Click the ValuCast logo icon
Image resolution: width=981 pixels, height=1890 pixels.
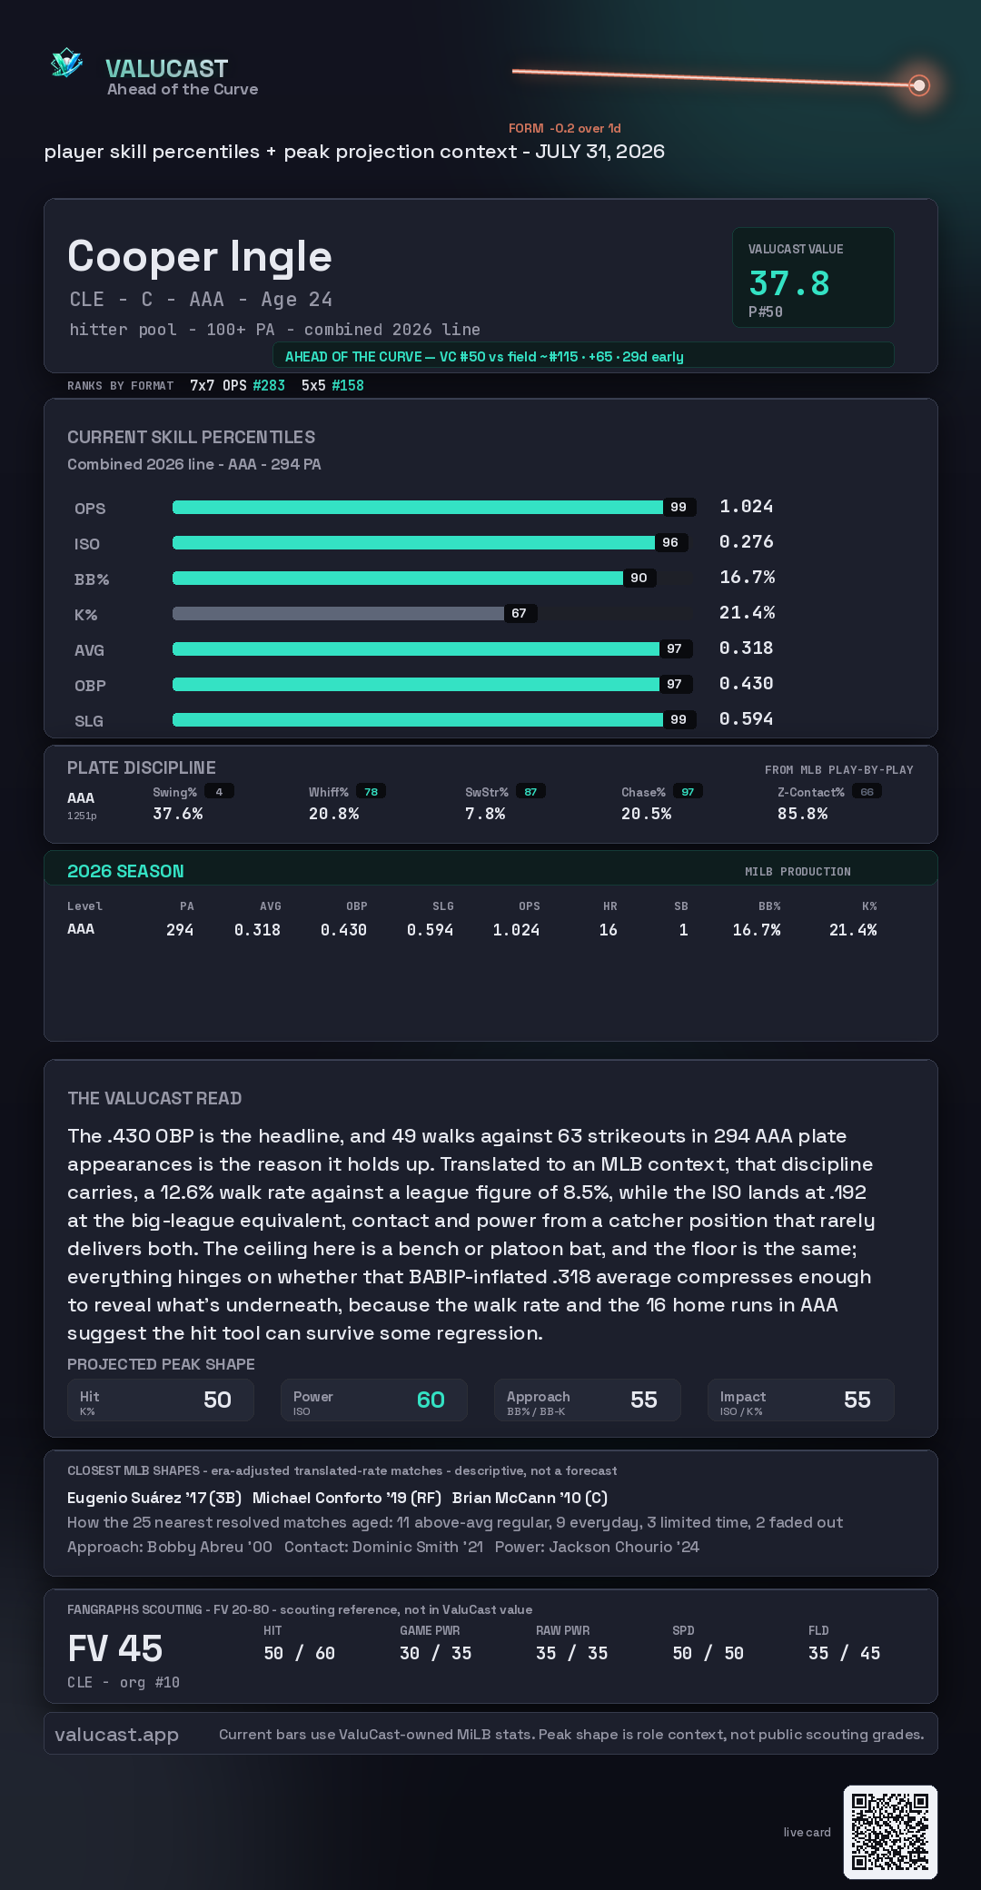point(67,63)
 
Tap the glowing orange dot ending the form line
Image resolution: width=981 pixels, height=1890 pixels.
point(919,85)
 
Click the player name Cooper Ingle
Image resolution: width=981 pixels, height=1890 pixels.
point(200,256)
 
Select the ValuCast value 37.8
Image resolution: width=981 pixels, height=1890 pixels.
point(789,283)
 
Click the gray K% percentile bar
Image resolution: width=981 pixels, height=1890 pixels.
point(338,613)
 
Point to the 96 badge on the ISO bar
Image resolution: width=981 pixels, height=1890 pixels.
point(670,542)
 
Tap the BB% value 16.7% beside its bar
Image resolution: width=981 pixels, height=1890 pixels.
point(747,577)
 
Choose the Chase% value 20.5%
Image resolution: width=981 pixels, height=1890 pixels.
point(647,814)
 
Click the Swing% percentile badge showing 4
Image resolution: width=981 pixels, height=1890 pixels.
point(219,792)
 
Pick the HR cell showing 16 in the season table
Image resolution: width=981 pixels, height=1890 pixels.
point(609,930)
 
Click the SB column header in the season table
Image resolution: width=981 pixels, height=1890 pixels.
point(681,906)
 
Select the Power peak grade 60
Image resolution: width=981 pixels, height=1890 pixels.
point(431,1400)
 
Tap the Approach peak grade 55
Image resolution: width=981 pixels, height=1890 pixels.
point(644,1400)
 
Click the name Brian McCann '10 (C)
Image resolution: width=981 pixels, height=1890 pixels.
point(530,1498)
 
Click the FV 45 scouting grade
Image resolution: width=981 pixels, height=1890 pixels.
point(115,1648)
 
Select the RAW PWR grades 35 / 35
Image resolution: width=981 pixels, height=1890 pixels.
point(572,1653)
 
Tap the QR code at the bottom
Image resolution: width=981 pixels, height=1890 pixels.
point(890,1832)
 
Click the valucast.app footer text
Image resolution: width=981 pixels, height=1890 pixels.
point(116,1735)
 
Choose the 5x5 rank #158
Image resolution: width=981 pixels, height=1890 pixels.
point(348,385)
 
